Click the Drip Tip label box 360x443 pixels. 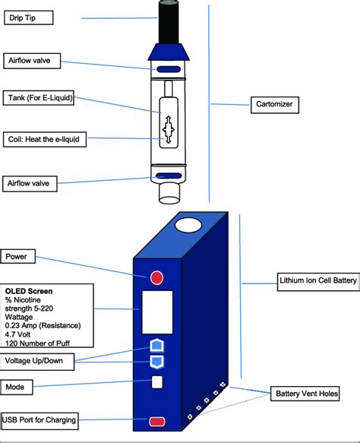click(29, 17)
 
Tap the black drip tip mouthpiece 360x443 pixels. click(169, 22)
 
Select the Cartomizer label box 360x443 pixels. click(275, 105)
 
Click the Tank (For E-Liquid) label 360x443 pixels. click(39, 98)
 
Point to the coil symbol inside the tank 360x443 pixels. click(169, 129)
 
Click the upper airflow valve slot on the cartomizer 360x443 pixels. click(169, 69)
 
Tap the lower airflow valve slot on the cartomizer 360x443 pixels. click(169, 176)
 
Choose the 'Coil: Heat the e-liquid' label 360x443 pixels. click(45, 139)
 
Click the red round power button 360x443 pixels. click(156, 277)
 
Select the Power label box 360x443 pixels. click(17, 256)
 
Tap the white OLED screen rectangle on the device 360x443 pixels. click(157, 312)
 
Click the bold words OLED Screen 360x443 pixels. click(29, 291)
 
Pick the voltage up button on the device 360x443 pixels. click(156, 345)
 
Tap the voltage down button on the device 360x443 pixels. click(156, 362)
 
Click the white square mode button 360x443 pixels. click(157, 382)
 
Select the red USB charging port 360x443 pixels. click(157, 422)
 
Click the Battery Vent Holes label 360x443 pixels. click(305, 394)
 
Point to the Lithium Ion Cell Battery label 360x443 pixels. click(318, 282)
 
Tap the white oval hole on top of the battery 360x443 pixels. click(188, 226)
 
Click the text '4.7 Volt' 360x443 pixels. click(17, 334)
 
